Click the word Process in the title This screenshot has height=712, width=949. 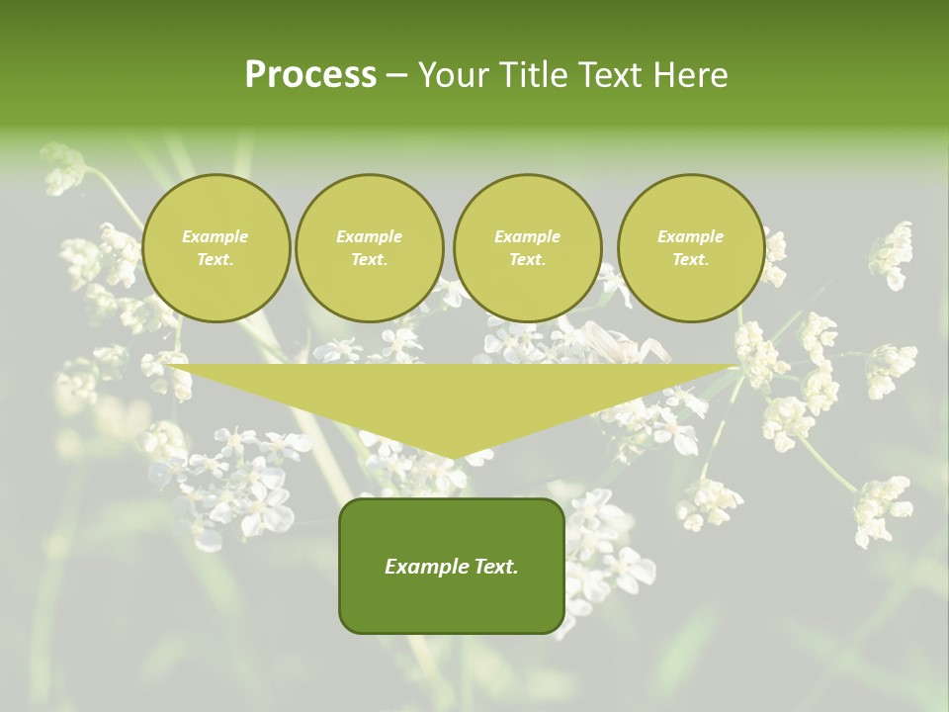pyautogui.click(x=310, y=75)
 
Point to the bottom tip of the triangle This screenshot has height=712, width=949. pyautogui.click(x=453, y=458)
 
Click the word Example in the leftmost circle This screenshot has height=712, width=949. pyautogui.click(x=216, y=236)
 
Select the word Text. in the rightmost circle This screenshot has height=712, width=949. pyautogui.click(x=690, y=259)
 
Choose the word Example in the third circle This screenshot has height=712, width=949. pyautogui.click(x=527, y=236)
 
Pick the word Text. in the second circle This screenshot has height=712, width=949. pyautogui.click(x=369, y=259)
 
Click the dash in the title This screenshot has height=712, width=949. pyautogui.click(x=396, y=75)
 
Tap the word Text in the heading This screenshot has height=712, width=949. pyautogui.click(x=610, y=75)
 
